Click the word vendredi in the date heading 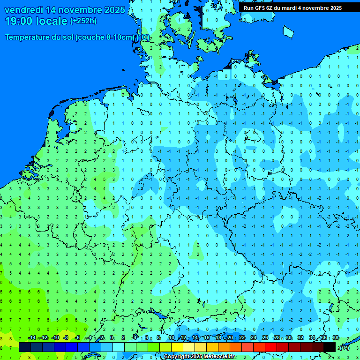[24, 10]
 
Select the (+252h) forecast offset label [83, 21]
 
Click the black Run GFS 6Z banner [292, 8]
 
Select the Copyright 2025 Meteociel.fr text [200, 357]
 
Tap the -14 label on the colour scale [31, 338]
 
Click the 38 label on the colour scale [335, 338]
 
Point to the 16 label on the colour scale [207, 338]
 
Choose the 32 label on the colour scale [300, 338]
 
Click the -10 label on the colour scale [55, 338]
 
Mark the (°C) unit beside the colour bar [345, 348]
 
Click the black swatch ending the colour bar [330, 347]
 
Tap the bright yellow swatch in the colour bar [177, 347]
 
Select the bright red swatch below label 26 [270, 347]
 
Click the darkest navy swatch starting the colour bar [25, 347]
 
